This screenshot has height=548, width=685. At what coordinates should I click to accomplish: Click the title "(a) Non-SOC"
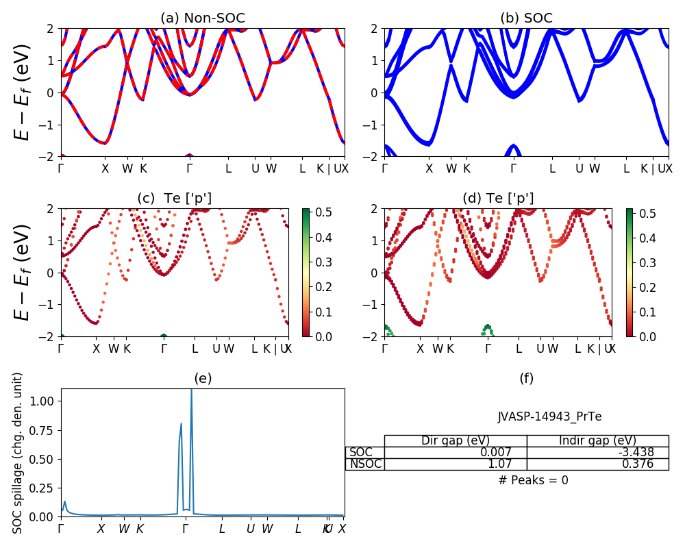[203, 18]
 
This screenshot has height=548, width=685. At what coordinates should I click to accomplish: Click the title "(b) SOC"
[526, 18]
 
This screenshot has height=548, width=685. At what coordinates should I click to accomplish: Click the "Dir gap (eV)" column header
[455, 440]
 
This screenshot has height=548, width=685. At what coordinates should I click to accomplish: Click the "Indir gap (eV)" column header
[597, 440]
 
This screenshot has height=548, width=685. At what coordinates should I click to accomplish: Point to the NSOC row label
[364, 464]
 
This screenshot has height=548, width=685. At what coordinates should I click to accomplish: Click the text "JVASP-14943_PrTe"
[549, 416]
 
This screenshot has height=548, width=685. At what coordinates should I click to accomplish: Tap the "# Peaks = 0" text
[533, 480]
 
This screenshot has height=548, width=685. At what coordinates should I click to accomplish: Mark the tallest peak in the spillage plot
[191, 390]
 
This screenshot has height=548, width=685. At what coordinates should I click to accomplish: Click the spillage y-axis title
[18, 453]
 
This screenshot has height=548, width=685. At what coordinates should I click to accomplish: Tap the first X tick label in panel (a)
[105, 169]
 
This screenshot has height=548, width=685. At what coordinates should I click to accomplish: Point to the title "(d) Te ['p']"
[498, 199]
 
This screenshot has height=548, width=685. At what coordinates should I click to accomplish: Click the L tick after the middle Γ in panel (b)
[552, 169]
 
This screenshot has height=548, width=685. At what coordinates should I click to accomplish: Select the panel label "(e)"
[203, 378]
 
